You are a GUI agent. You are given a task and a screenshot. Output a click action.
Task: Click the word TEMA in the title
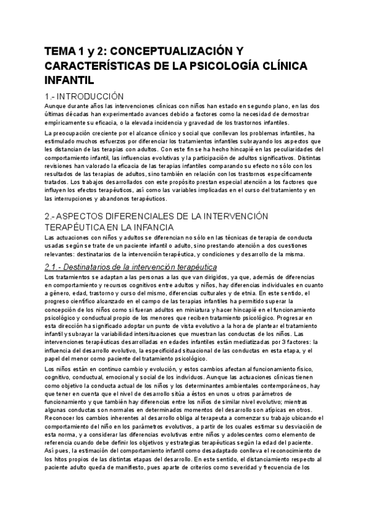pyautogui.click(x=59, y=53)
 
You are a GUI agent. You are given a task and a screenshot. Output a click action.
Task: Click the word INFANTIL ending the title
pyautogui.click(x=69, y=80)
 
